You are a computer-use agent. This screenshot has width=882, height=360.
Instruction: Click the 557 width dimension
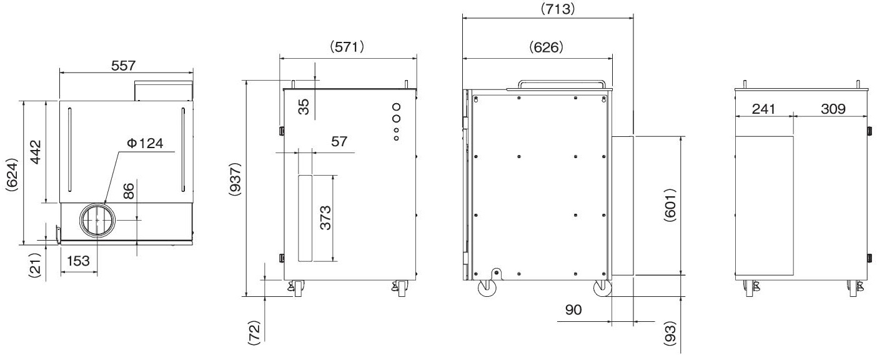pos(123,66)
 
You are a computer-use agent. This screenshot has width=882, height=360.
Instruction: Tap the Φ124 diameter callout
pos(146,143)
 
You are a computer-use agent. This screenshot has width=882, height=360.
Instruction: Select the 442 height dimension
pos(36,152)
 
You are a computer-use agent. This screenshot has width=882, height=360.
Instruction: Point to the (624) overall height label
pos(12,175)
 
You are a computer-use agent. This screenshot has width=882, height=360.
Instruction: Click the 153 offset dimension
pos(78,261)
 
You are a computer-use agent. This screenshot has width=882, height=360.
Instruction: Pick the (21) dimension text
pos(36,266)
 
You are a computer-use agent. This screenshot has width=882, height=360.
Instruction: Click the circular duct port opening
pos(97,220)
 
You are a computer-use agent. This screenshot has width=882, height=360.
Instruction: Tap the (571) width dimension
pos(347,47)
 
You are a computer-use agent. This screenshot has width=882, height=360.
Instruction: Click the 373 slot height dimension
pos(325,217)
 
